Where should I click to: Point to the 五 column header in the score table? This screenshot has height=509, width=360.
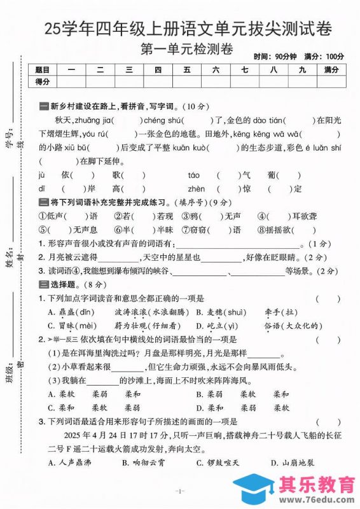pos(187,69)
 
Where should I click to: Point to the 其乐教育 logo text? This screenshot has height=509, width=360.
pos(300,485)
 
